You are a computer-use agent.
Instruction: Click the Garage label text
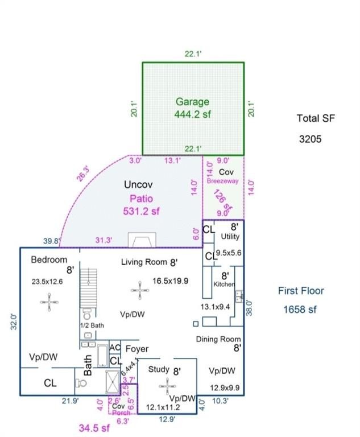coord(192,102)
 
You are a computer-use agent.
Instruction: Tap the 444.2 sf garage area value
coord(192,114)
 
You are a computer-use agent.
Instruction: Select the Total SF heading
coord(316,118)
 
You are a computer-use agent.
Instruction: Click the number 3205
coord(311,138)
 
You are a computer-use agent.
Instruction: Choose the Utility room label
coord(230,236)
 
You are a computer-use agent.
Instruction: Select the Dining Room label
coord(218,339)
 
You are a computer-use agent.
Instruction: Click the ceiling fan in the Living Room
coord(140,290)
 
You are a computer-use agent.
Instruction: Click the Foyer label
coord(137,348)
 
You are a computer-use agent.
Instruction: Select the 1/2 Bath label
coord(92,325)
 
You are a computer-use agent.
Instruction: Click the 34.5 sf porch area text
coord(94,426)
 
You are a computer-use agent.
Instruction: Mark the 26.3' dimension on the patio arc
coord(83,174)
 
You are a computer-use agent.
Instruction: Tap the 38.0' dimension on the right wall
coord(249,307)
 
